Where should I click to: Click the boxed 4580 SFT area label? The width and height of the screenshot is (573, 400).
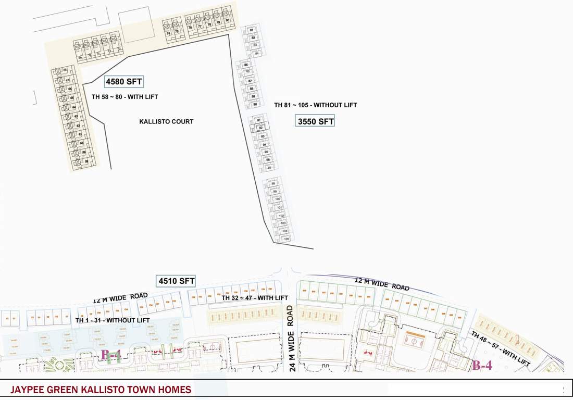tap(124, 82)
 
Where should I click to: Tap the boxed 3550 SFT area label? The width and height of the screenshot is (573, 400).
tap(315, 121)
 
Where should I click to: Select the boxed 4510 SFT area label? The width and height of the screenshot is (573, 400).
tap(176, 281)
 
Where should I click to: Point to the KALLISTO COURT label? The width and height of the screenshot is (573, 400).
tap(166, 121)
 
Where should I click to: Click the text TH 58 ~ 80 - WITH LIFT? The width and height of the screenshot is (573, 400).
tap(124, 97)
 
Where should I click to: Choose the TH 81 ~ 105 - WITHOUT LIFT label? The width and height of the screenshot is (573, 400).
tap(316, 105)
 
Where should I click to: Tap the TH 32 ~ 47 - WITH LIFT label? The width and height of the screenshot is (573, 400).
tap(255, 298)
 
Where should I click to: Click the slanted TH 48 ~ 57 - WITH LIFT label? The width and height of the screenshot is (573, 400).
tap(500, 348)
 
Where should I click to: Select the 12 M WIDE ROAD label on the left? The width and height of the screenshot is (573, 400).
tap(120, 298)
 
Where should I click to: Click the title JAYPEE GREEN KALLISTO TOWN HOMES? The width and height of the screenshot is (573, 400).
tap(101, 390)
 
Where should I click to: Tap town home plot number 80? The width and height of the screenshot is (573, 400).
tap(227, 20)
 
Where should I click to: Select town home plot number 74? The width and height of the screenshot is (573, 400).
tap(168, 33)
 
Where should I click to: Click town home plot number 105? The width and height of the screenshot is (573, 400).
tap(286, 239)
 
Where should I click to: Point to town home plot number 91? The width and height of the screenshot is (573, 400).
tap(259, 120)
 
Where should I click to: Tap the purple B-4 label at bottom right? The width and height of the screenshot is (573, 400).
tap(482, 365)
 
